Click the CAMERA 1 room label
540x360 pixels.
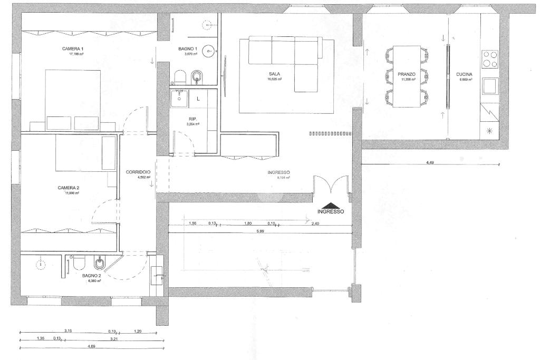73,48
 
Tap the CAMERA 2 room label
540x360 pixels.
69,188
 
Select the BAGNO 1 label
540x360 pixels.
188,48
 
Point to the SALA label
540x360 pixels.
274,74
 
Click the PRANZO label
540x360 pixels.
407,74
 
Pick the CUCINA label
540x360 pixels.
464,74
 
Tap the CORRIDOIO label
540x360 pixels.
139,172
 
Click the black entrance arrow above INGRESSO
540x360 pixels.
330,206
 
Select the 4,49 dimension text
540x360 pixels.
430,162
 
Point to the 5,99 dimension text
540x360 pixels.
261,231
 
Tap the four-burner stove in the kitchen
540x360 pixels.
490,59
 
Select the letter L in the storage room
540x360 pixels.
198,99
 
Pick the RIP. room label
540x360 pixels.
192,119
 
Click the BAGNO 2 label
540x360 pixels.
91,275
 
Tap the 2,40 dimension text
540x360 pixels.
316,223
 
